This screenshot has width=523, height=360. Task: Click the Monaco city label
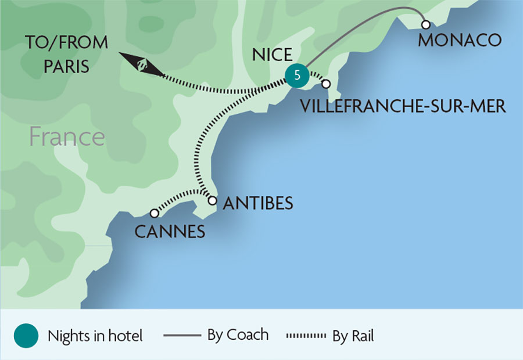[x=459, y=40]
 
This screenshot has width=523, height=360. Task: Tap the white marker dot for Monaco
[x=426, y=24]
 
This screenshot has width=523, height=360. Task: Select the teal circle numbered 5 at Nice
[x=297, y=75]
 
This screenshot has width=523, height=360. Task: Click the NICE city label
[x=271, y=55]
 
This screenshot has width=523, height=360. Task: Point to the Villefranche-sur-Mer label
[x=403, y=106]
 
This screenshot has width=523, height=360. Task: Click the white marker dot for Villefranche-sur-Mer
[x=326, y=84]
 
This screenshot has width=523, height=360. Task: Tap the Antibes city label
[x=257, y=203]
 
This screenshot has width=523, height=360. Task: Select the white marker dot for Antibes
[x=212, y=201]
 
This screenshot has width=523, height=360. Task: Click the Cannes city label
[x=170, y=232]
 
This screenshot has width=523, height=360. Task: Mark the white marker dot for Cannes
[x=154, y=213]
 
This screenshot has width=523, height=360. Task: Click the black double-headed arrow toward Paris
[x=142, y=64]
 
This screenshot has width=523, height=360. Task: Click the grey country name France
[x=67, y=138]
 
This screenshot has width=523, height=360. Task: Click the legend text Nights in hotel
[x=95, y=336]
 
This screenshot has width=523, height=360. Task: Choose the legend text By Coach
[x=238, y=335]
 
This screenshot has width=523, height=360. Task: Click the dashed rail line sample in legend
[x=306, y=336]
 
